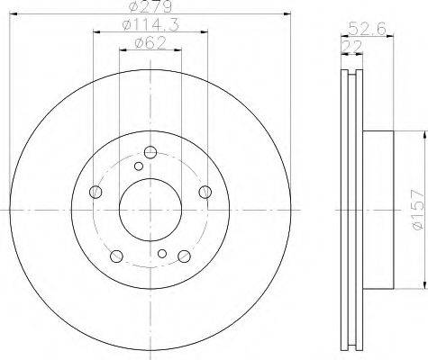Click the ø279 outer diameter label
pos(150,6)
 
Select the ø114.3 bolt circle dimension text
pos(150,25)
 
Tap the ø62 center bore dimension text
pos(150,43)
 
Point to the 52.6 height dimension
pos(367,30)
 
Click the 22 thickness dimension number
pos(351,47)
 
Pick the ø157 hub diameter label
pos(419,210)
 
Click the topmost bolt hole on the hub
pos(150,152)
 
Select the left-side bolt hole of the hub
pos(96,192)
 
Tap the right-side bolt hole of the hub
pos(205,192)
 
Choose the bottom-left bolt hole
pos(116,256)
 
